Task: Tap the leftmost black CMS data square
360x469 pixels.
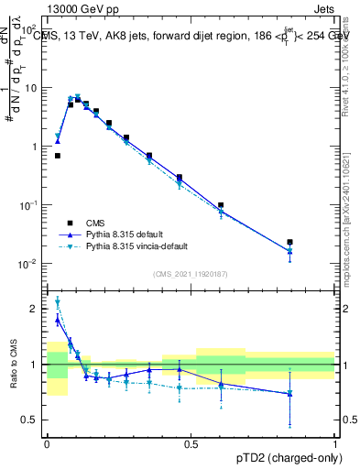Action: click(x=58, y=156)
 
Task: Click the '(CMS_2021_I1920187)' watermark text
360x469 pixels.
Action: click(x=191, y=274)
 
